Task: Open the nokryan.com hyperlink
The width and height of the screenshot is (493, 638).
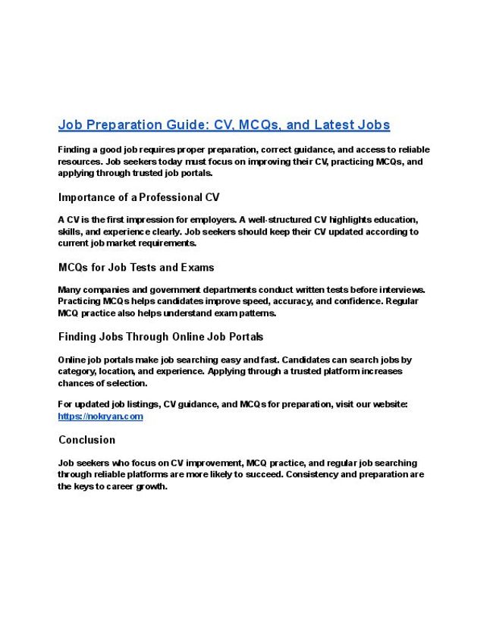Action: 100,416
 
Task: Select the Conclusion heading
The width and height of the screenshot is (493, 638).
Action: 86,440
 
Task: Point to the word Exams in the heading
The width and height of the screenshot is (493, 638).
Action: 197,267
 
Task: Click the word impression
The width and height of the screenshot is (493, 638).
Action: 153,220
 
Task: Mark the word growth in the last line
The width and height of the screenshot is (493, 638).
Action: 151,486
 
